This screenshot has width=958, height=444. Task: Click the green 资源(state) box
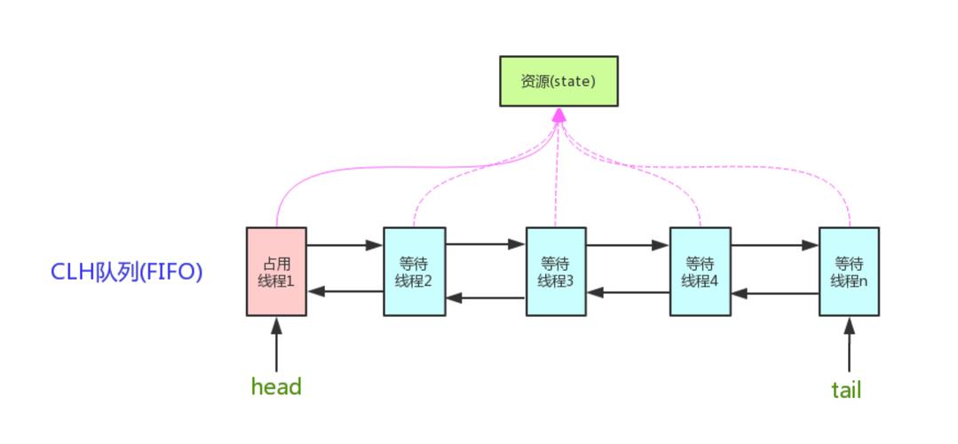(558, 81)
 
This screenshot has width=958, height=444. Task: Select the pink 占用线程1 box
(276, 271)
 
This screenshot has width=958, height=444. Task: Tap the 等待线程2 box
(414, 271)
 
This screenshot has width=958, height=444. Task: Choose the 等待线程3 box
(556, 271)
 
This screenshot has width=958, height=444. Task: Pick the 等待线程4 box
(700, 271)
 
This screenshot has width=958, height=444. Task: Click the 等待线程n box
(849, 271)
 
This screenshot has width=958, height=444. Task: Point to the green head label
(276, 387)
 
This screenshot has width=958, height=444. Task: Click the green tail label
(846, 390)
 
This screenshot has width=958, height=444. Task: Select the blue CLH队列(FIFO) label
(127, 272)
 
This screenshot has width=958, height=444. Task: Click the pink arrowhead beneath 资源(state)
(558, 115)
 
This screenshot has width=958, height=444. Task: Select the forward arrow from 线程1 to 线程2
(344, 245)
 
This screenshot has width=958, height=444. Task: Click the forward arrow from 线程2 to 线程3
(486, 243)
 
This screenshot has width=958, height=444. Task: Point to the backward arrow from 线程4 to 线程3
(629, 291)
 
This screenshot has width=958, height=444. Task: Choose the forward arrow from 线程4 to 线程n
(774, 245)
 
